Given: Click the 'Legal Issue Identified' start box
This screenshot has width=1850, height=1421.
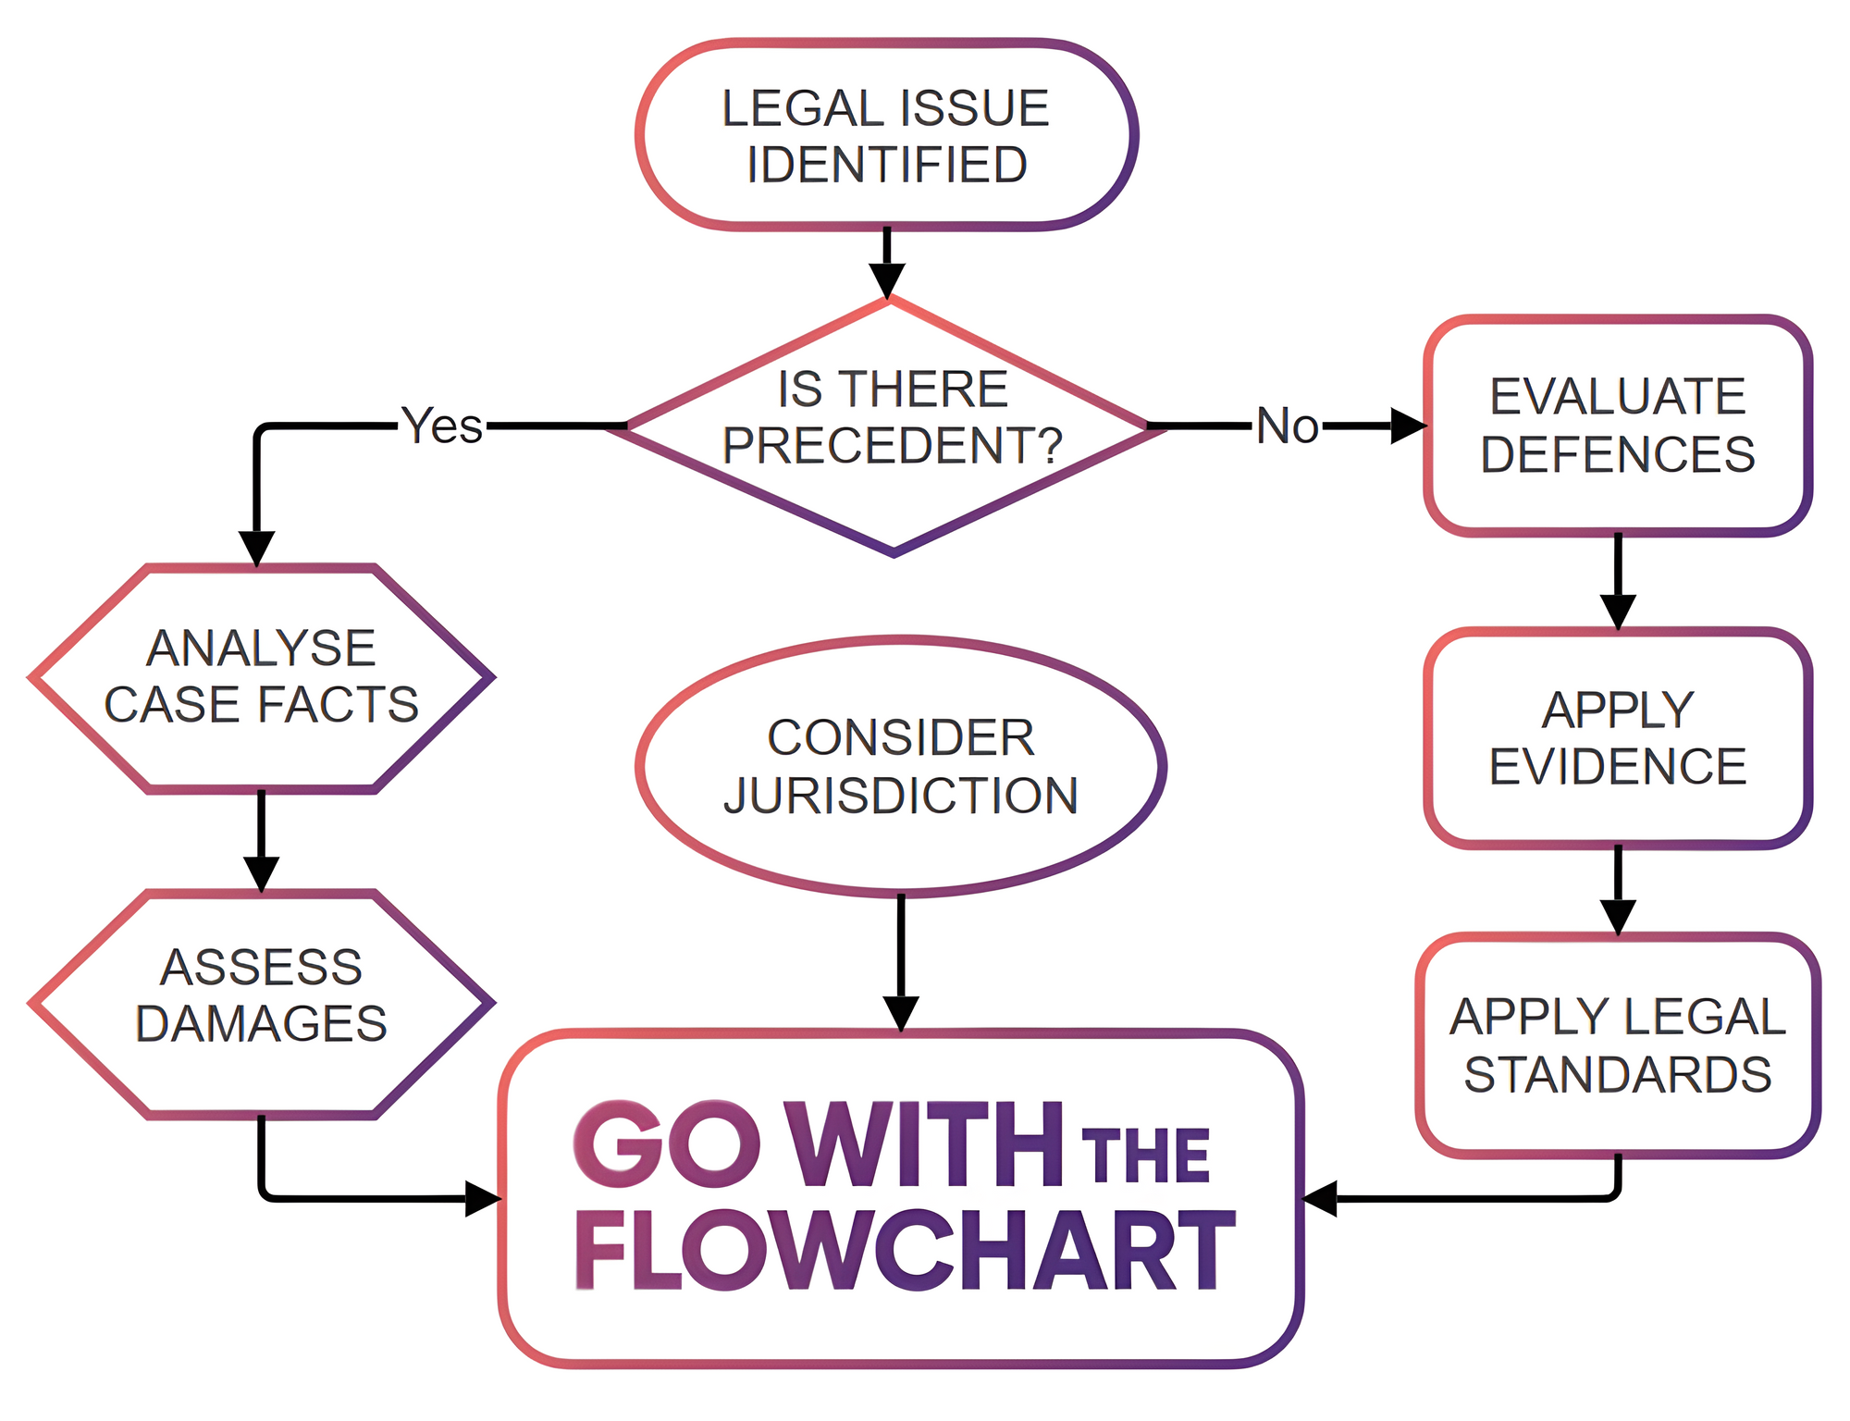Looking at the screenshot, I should coord(886,135).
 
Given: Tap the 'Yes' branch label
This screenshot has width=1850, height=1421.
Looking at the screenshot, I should coord(442,426).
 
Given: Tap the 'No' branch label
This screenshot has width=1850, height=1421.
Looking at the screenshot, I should coord(1287,426).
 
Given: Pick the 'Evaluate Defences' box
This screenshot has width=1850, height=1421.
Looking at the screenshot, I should coord(1617,426).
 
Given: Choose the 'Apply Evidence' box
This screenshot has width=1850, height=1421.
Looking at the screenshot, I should coord(1617,737).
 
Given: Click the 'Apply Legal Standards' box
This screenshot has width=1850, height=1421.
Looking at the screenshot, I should coord(1617,1045).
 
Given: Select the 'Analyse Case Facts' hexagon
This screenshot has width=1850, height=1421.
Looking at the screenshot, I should coord(261,677).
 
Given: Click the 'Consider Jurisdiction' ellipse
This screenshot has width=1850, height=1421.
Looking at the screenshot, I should coord(900,766).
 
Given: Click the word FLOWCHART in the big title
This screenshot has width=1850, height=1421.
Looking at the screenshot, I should coord(905,1251).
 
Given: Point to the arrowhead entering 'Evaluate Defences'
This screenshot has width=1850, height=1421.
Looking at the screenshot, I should coord(1408,426).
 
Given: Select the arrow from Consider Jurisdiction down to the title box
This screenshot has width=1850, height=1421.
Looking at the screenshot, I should coord(900,962).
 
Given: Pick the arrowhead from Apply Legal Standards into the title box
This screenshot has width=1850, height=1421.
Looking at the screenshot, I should coord(1321,1198).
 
